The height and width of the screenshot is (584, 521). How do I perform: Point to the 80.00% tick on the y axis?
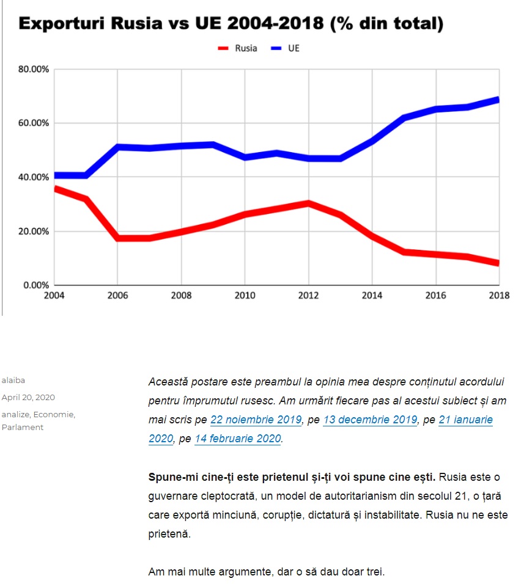coord(34,69)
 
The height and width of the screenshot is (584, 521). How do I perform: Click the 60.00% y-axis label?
coord(34,123)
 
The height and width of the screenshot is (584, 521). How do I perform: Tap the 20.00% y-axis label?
coord(34,231)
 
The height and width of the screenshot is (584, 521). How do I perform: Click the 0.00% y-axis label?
coord(35,285)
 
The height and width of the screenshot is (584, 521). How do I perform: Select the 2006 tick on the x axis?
coord(117,296)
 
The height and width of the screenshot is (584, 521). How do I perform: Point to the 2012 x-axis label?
coord(308,296)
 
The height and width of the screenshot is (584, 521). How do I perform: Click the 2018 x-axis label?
coord(499,296)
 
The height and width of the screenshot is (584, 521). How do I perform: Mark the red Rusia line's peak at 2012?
coord(308,203)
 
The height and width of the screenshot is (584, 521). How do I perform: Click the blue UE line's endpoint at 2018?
coord(498,100)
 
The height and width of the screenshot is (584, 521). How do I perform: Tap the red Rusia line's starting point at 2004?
coord(56,189)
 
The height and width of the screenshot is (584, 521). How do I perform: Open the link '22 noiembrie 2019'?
coord(256,420)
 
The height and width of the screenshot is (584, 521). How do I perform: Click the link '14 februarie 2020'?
coord(237,438)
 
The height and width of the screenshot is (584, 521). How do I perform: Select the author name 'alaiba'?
coord(13,380)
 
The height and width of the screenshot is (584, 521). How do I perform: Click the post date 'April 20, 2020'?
coord(28,397)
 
